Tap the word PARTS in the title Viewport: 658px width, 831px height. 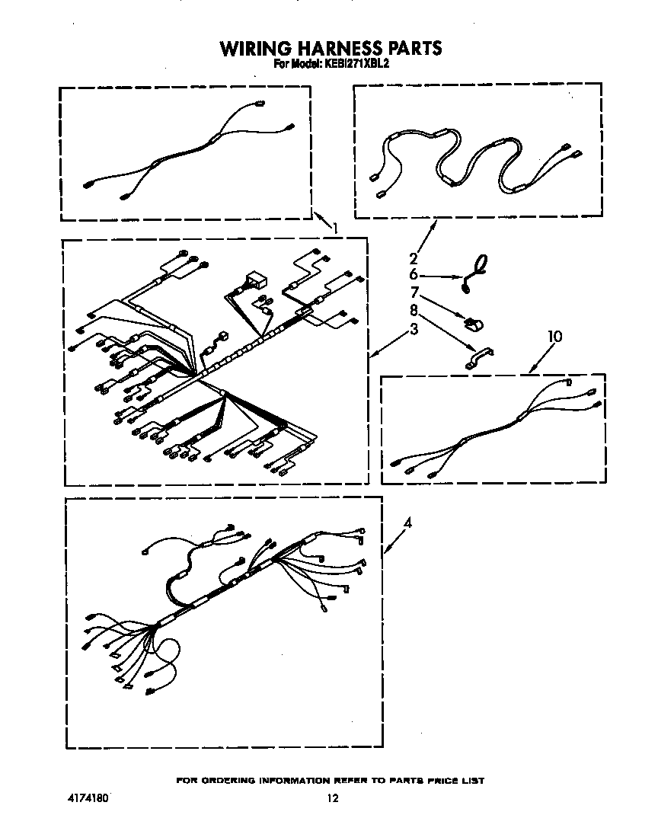tap(417, 49)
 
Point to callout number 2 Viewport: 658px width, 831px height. tap(414, 258)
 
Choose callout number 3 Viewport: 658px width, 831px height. tap(414, 329)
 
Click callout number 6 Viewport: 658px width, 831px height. tap(414, 275)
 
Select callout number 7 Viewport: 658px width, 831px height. tap(414, 292)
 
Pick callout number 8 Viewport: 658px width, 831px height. tap(414, 310)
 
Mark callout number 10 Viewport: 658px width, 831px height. tap(555, 336)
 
